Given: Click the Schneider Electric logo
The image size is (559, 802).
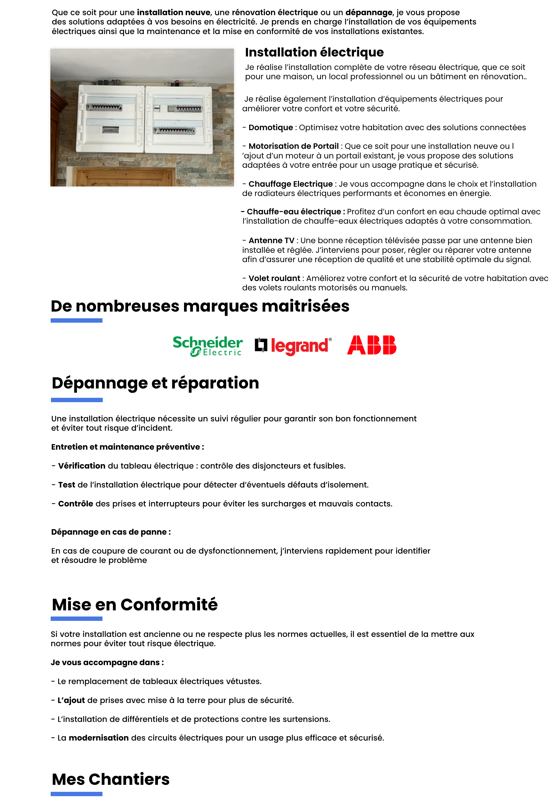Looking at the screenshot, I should [207, 346].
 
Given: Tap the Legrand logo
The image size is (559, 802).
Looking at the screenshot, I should [293, 346].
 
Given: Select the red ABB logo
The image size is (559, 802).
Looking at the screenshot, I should [372, 345].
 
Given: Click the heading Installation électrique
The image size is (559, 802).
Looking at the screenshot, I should [314, 52].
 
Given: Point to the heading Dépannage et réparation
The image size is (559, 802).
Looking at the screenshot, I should [155, 383].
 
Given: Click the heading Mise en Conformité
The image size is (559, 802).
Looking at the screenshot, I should [135, 605].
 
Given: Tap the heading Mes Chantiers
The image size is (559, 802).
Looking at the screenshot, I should [111, 779].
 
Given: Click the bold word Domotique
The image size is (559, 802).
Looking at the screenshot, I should [270, 128].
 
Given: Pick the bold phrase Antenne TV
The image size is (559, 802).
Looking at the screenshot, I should [271, 240].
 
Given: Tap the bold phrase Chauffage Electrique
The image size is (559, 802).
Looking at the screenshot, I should [291, 184].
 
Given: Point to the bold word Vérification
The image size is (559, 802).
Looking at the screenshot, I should [82, 466].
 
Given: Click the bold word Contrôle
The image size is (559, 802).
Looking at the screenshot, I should [75, 504].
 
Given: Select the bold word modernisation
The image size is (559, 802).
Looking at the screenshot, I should [99, 738].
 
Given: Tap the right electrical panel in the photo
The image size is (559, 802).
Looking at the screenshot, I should [179, 119].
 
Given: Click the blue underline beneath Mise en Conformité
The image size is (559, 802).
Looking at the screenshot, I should [77, 619].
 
